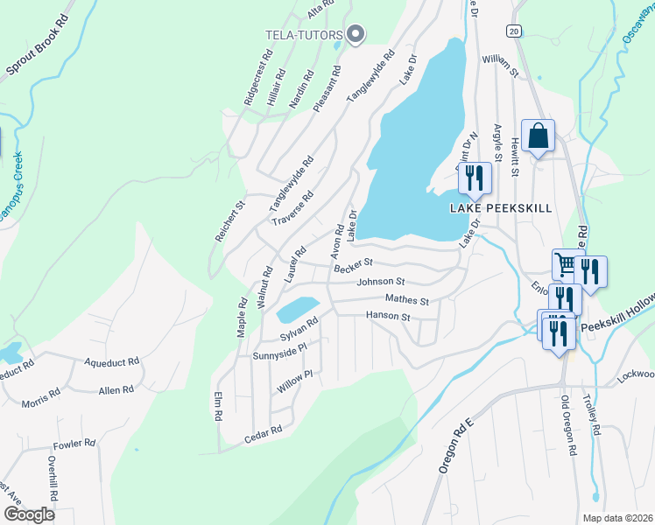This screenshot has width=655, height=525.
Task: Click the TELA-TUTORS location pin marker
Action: tap(356, 35)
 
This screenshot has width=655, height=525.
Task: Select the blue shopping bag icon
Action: tap(539, 136)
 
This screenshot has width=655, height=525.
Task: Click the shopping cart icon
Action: tap(566, 264)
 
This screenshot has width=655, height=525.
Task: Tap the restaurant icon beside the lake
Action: tap(474, 178)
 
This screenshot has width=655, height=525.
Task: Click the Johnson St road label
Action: tap(380, 282)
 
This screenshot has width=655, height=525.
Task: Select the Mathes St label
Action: tap(407, 300)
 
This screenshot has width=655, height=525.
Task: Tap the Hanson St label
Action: tap(388, 316)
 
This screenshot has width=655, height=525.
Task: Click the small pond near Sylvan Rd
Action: tap(297, 309)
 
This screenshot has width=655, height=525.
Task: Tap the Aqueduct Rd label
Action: tap(111, 360)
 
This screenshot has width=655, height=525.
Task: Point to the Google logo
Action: tap(29, 514)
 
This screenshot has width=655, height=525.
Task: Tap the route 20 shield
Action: tap(513, 31)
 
